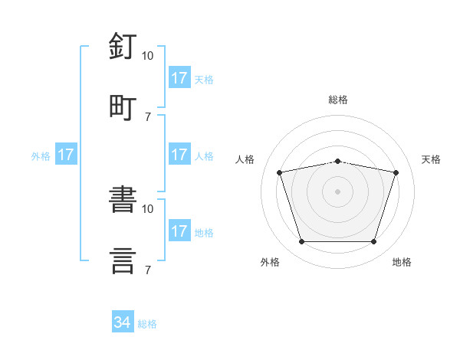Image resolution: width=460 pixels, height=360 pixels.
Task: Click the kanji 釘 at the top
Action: tap(123, 46)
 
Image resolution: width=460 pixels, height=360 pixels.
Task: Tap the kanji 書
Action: tap(123, 199)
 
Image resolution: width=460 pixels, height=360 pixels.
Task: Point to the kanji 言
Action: tap(123, 261)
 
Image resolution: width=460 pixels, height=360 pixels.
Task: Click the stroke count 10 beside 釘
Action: tap(147, 56)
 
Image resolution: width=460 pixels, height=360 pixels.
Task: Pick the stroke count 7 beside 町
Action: tap(148, 117)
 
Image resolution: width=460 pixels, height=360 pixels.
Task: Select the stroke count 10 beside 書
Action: tap(147, 209)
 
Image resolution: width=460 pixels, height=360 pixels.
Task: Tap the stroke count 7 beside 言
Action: tap(148, 270)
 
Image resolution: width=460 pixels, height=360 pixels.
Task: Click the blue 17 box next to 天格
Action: tap(179, 77)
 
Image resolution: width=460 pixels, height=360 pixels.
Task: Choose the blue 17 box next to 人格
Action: tap(179, 154)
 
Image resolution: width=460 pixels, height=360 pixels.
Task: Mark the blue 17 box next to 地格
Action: tap(179, 230)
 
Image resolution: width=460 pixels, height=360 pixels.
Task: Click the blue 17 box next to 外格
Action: tap(66, 154)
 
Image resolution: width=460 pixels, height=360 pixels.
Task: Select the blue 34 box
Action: tap(123, 321)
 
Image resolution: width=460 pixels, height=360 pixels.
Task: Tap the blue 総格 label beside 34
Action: tap(147, 324)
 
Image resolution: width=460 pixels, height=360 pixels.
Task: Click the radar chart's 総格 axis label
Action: tap(338, 100)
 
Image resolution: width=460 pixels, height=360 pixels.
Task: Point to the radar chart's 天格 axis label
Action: tap(431, 159)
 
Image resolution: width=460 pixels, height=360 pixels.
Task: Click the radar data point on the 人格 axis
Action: tap(280, 172)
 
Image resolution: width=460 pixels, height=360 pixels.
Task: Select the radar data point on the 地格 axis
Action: tap(374, 242)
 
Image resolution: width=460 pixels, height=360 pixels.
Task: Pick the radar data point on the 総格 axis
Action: tap(337, 162)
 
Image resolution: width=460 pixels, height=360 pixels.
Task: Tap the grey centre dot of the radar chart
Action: tap(337, 191)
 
